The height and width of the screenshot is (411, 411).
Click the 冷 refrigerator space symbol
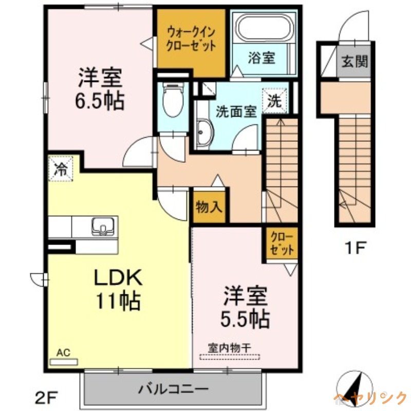[x=61, y=170]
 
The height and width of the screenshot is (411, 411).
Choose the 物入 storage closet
[x=209, y=208]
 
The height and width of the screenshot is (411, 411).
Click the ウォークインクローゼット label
[x=191, y=39]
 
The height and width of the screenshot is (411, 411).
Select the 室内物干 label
[x=229, y=347]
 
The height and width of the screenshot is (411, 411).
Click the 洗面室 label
[x=236, y=111]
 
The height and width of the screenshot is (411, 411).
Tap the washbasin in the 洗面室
[x=203, y=135]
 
